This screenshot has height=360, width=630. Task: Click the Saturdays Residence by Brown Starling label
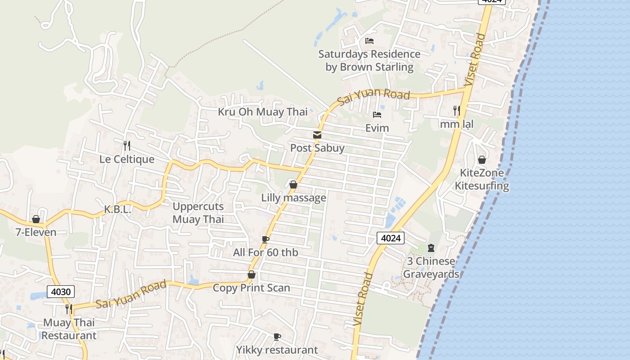pos(369,60)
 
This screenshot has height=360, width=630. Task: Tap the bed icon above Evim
pos(377,115)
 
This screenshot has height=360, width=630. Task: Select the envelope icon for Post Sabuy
pos(317,135)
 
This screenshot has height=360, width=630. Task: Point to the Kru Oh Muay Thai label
pos(263,112)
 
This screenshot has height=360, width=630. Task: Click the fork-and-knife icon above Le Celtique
pos(127,146)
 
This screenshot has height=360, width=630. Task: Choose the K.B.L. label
pos(117,209)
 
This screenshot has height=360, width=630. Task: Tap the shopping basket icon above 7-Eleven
pos(36,219)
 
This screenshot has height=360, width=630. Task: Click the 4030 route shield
pos(61,292)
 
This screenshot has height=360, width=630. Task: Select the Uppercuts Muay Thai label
pos(198,213)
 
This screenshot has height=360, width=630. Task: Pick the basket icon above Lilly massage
pos(293,184)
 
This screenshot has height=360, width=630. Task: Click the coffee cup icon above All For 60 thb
pos(265,239)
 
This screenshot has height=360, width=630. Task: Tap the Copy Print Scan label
pos(252,288)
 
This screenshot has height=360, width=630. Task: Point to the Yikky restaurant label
pos(277,350)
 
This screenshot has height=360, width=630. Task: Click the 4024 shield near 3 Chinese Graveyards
pos(391,238)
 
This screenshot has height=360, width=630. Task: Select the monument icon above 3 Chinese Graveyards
pos(431,247)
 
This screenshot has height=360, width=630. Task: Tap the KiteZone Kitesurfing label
pos(482,179)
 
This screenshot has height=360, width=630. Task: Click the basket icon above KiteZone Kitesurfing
pos(482,160)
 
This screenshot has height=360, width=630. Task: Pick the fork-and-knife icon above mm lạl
pos(457,110)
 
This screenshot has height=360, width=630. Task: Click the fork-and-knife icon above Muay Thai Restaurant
pos(69,309)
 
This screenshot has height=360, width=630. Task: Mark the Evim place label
pos(377,128)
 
